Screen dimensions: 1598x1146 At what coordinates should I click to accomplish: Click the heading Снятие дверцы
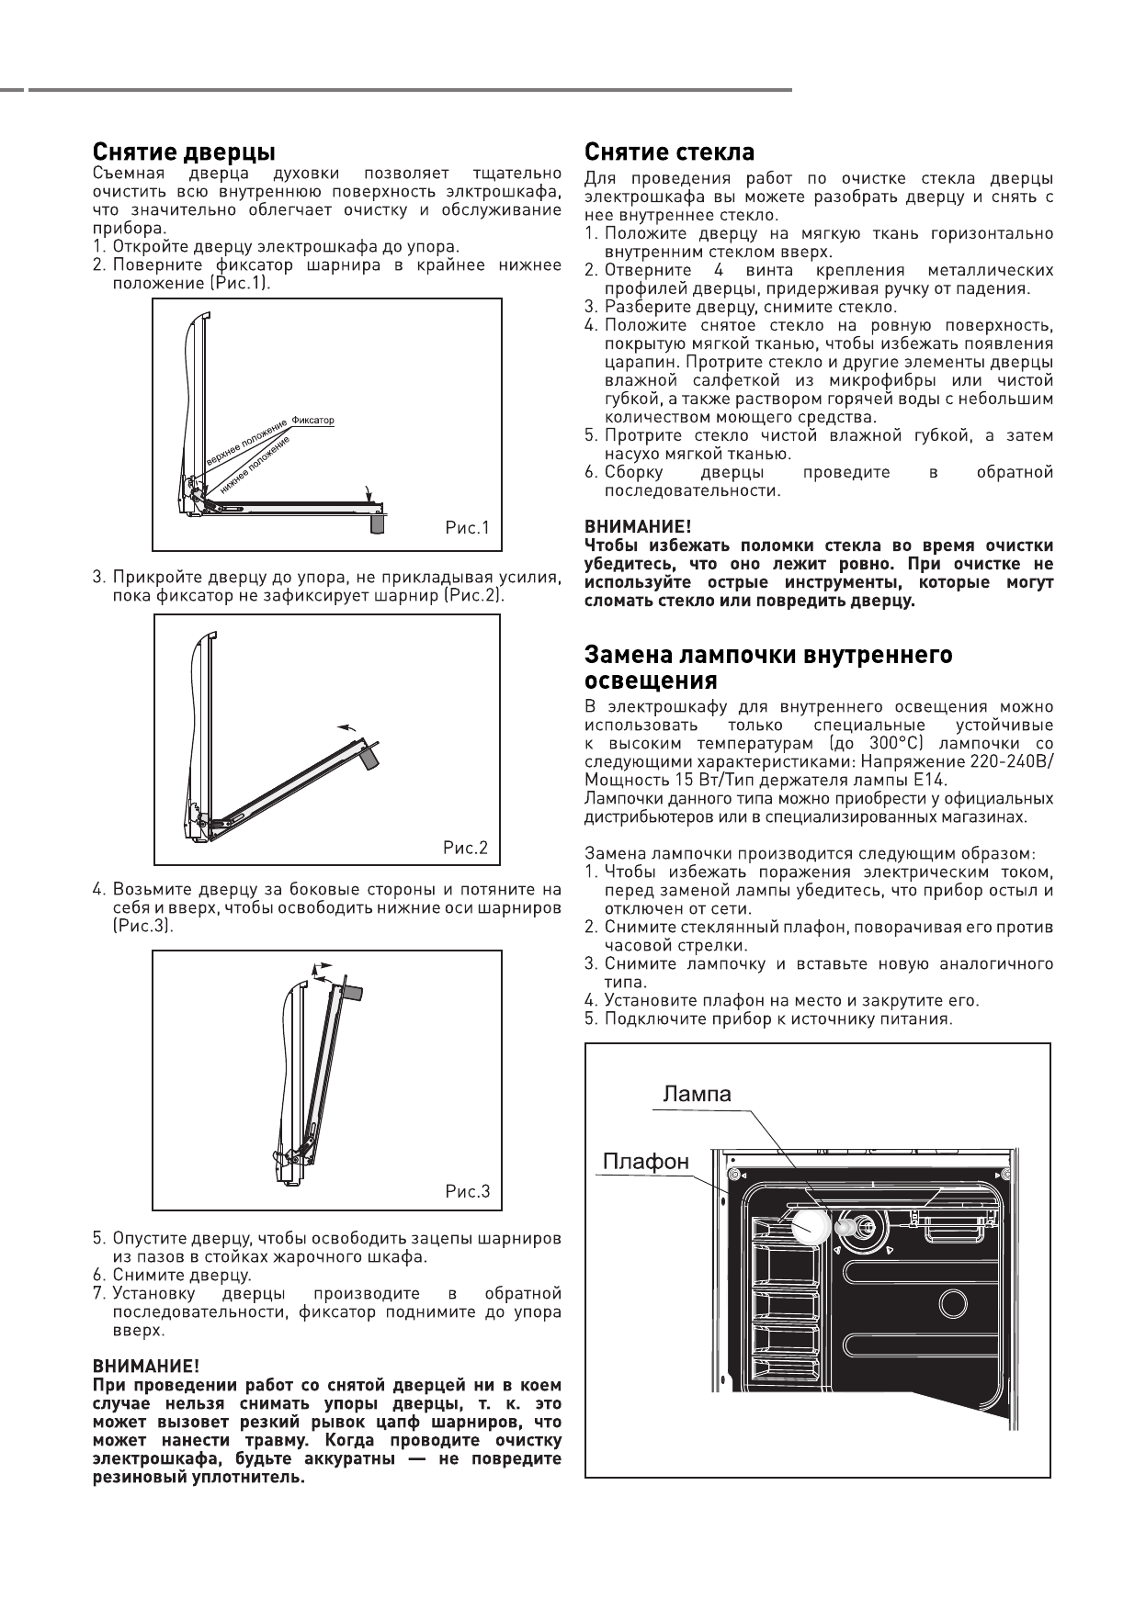184,152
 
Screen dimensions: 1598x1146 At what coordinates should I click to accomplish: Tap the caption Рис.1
469,528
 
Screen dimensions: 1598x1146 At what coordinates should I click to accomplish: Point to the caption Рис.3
468,1192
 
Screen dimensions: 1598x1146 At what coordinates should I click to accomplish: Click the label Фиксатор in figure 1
312,420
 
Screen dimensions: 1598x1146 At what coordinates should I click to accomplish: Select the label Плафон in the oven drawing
645,1162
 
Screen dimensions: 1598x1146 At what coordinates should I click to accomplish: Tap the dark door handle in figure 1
377,523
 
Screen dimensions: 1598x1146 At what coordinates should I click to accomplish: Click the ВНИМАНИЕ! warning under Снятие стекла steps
638,527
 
